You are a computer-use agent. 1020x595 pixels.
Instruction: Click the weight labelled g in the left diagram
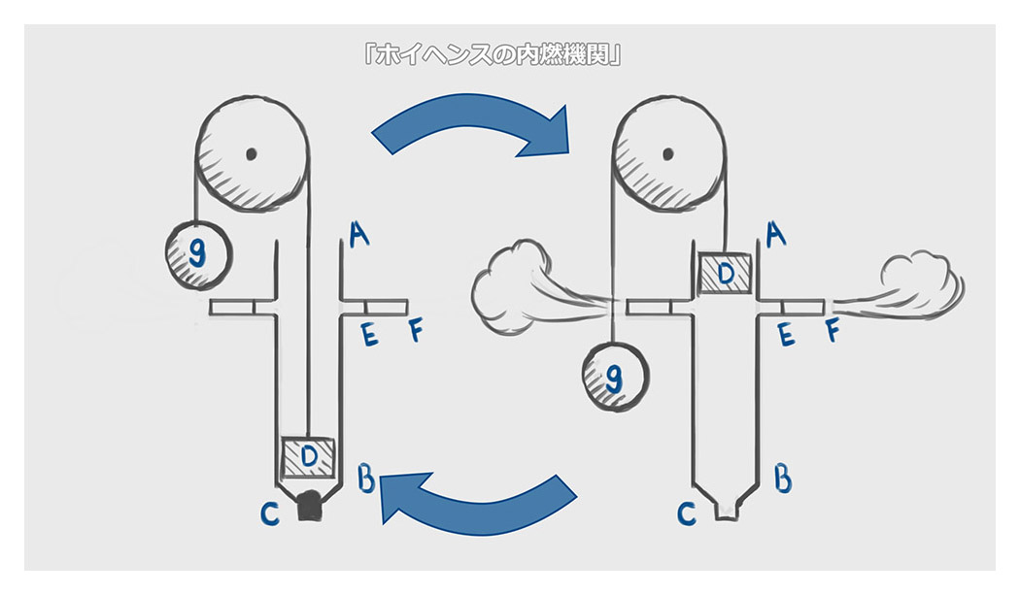click(x=198, y=253)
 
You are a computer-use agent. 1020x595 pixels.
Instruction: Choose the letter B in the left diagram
click(x=367, y=478)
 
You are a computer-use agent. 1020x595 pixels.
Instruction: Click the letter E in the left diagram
click(x=369, y=335)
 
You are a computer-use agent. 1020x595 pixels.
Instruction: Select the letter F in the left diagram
click(x=415, y=333)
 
